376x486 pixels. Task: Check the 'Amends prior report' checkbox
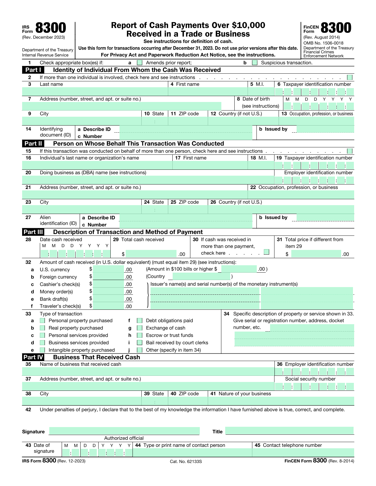point(140,62)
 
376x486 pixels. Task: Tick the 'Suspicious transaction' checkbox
point(255,62)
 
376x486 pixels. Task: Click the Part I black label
point(33,70)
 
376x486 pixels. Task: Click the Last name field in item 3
point(95,92)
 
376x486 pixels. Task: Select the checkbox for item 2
point(350,77)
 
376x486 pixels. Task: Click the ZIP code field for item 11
point(188,121)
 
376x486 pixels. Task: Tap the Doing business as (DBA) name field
point(148,180)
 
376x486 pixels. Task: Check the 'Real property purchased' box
point(42,328)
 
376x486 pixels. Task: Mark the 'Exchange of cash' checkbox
point(140,328)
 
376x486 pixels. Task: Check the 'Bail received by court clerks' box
point(140,343)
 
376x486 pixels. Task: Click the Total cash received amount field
point(151,254)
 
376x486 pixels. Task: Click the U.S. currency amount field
point(108,269)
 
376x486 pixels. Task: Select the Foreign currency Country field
point(201,276)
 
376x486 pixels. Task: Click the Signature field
point(124,431)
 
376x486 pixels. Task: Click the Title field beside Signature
point(290,431)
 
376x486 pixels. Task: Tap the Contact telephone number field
point(303,453)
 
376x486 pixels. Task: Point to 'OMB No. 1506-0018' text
point(323,43)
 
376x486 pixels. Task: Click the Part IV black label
point(33,357)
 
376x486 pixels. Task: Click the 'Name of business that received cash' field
point(148,372)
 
